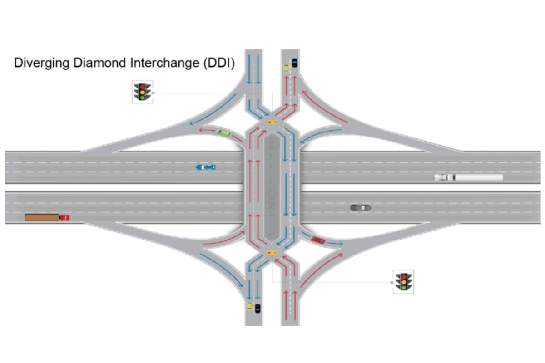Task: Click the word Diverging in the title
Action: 42,63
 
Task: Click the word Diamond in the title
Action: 99,63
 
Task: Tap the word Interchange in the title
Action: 165,63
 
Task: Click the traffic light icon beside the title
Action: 143,92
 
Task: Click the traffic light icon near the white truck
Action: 403,282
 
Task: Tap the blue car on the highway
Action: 206,167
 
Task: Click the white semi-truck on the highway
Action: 469,177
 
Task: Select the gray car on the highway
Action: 361,208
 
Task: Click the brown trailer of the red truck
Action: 42,217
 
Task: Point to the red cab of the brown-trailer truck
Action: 64,217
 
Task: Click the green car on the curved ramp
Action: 223,133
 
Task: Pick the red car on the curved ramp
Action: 318,240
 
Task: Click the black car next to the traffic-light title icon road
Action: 294,63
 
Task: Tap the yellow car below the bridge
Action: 249,306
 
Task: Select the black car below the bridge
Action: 258,309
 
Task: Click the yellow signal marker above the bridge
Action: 272,122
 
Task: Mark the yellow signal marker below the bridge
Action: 272,253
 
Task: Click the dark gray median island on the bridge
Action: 272,187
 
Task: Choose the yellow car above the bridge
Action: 287,67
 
